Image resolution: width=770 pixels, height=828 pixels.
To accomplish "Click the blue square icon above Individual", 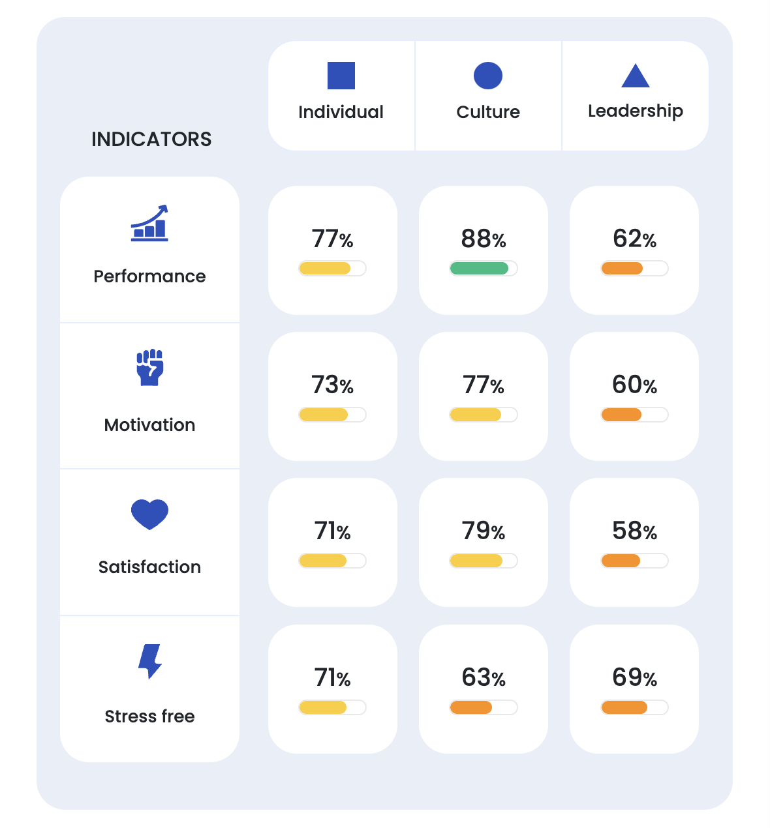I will [341, 76].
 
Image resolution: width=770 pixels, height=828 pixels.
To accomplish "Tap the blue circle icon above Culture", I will [488, 76].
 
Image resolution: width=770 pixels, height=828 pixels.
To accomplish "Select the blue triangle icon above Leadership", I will [636, 76].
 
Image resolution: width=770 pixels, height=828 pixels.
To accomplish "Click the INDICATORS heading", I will [151, 139].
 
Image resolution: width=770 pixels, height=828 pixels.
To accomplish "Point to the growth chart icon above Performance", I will [149, 224].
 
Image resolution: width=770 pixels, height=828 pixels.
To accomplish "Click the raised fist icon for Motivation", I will [150, 368].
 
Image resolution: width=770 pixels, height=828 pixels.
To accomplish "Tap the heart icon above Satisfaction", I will [149, 514].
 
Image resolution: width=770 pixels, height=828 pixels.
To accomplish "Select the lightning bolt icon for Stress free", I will [150, 661].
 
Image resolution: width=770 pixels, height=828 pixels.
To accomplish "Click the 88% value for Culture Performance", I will [484, 239].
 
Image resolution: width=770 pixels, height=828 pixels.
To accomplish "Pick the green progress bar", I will [479, 268].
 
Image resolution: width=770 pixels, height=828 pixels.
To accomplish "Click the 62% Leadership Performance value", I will [634, 239].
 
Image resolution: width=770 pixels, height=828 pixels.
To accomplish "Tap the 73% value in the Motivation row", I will [332, 385].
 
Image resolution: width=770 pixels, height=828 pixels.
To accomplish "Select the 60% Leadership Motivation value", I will [634, 385].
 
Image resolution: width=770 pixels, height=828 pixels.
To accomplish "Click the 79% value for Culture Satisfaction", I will [484, 531].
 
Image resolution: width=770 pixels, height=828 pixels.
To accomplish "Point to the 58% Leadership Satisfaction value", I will [634, 531].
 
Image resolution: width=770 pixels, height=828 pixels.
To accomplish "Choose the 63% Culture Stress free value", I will [484, 678].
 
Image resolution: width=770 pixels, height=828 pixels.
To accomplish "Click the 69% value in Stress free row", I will [634, 678].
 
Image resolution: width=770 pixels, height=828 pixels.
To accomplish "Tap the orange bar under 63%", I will [471, 707].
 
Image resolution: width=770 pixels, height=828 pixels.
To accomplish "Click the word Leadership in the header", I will [636, 111].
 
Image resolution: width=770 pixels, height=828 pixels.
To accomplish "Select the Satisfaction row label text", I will [149, 567].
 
